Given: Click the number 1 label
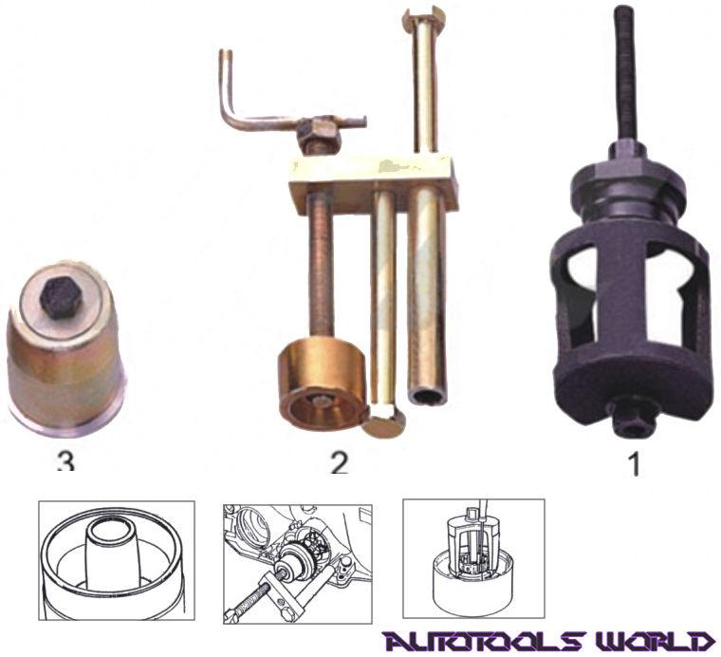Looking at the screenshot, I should [635, 466].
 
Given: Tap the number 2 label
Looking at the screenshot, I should [339, 464].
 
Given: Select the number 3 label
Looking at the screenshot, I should [65, 463].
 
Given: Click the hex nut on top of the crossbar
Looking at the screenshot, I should [316, 136].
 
